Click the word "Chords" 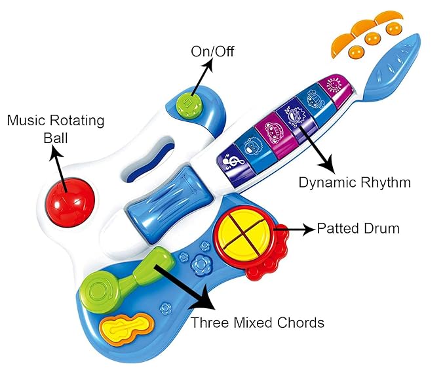tap(301, 323)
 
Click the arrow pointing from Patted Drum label tap(294, 230)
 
